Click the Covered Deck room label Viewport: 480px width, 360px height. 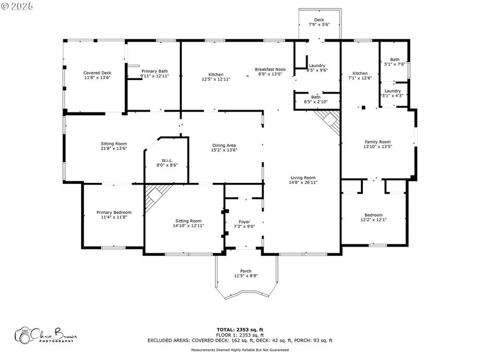pos(97,73)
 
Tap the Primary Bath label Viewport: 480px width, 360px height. pos(155,72)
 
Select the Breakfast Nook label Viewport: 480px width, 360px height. pos(270,70)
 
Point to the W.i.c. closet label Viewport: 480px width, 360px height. pos(167,160)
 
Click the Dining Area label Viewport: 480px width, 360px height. pos(224,145)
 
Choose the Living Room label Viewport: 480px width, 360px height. pos(303,178)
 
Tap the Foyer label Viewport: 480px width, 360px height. pos(244,222)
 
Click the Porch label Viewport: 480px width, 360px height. pos(246,271)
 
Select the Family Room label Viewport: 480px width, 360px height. pos(378,142)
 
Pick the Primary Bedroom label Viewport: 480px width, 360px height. pos(114,213)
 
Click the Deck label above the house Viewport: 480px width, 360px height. pos(319,20)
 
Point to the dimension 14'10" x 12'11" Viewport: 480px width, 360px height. pos(189,226)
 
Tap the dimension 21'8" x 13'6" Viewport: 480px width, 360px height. pos(114,148)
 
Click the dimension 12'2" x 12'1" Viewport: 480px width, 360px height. pos(373,219)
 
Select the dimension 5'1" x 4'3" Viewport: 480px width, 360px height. pos(393,96)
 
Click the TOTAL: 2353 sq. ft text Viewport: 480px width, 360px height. pos(240,330)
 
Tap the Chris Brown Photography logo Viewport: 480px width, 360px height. pos(46,335)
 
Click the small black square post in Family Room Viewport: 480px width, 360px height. pos(363,108)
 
